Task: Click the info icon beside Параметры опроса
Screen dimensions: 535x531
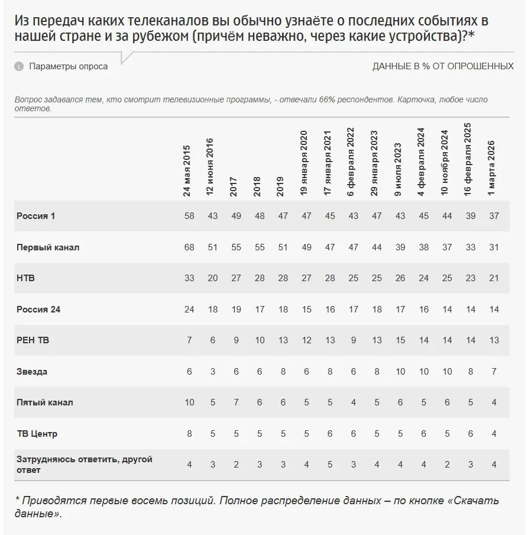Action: (18, 66)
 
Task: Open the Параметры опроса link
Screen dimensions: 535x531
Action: (69, 66)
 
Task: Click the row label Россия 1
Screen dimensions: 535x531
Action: (35, 216)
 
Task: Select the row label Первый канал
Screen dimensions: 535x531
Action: (47, 247)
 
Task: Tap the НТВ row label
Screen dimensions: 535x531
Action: (25, 278)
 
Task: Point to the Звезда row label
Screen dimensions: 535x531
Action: (32, 372)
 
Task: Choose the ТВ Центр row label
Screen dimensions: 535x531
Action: (37, 434)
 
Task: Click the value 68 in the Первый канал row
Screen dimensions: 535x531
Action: (189, 247)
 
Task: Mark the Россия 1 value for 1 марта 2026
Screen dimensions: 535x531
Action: (494, 216)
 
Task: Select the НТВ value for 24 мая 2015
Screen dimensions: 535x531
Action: (189, 278)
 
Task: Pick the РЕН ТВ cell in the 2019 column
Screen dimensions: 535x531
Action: (283, 340)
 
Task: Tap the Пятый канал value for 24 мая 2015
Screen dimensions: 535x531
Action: (189, 402)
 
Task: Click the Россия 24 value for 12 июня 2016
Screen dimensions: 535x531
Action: (212, 310)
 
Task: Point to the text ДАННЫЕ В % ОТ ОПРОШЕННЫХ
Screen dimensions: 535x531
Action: (443, 66)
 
